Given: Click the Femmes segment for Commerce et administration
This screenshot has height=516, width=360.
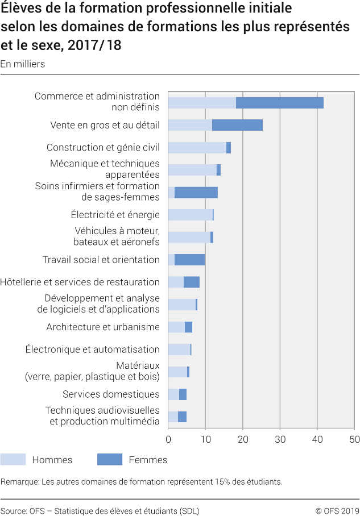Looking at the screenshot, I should [x=279, y=103].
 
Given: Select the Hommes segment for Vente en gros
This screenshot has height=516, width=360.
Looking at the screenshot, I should [x=190, y=125].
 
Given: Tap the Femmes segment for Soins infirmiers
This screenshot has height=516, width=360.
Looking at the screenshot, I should [x=196, y=193].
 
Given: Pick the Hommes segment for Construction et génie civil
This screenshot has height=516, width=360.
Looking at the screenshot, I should [x=197, y=148].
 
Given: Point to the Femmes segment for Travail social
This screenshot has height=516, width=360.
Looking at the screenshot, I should [x=189, y=260].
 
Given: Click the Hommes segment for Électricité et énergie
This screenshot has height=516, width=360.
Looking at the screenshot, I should [x=190, y=215].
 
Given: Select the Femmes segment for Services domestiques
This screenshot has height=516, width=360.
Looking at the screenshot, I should [x=183, y=394].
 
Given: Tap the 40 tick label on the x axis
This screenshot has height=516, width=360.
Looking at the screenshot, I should [x=317, y=439].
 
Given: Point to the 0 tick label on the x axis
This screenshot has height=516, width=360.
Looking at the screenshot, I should [x=168, y=439].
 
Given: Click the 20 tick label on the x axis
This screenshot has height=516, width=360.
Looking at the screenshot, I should [x=243, y=439].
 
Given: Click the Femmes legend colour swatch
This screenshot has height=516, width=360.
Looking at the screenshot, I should [x=110, y=460].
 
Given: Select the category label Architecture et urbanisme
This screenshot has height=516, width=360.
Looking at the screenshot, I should [x=103, y=327].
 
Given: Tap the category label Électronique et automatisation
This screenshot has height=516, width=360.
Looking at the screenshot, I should [x=93, y=349].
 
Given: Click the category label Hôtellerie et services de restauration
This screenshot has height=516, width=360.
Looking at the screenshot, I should [x=80, y=282].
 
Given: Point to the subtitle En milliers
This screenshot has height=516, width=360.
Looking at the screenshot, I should [x=22, y=64].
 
